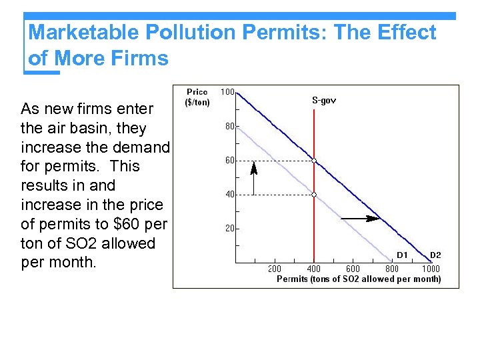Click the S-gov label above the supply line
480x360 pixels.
324,101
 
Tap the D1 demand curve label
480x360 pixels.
402,255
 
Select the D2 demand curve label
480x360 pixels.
435,255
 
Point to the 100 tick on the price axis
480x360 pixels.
227,92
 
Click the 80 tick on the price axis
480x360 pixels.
229,126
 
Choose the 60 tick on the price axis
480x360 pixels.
229,160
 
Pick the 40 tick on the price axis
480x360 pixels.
229,195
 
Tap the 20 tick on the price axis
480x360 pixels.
229,229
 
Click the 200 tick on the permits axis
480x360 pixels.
275,269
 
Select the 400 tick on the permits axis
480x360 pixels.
313,269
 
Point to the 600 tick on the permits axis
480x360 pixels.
353,269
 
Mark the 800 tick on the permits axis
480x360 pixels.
392,269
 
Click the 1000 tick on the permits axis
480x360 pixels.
431,269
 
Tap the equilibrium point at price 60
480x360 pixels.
314,161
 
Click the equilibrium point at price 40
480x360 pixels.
314,195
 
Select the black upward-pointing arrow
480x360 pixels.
253,177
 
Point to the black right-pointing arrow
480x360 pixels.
360,218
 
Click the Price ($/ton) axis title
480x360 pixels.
197,97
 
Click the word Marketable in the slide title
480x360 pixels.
83,33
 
